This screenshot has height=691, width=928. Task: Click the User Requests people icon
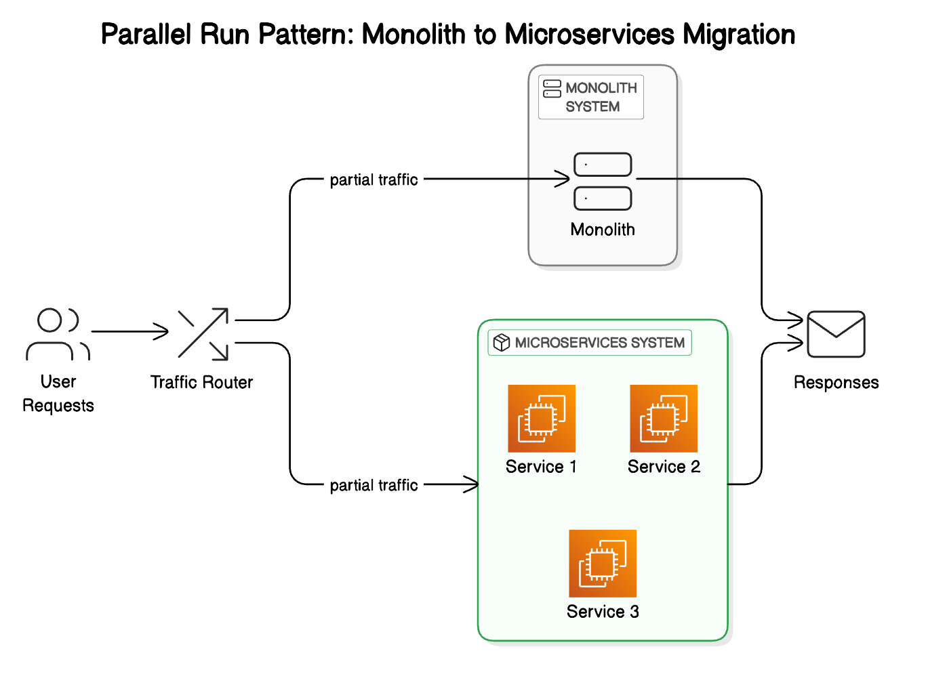[x=58, y=334]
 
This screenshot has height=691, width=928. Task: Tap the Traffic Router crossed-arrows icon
[x=203, y=333]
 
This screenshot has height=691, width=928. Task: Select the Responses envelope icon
[x=836, y=334]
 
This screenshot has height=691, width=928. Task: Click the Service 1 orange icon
[x=542, y=419]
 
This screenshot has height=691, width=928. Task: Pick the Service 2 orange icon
[x=664, y=419]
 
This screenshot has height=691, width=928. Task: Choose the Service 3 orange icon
[x=603, y=564]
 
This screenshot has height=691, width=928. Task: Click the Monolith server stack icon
[x=603, y=182]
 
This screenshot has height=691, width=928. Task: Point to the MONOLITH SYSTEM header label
[x=591, y=98]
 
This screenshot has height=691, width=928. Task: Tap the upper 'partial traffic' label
[x=374, y=180]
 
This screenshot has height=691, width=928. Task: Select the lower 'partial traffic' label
[x=374, y=485]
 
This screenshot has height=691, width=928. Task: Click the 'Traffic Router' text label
[x=201, y=383]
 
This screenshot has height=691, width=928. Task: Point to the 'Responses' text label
[x=836, y=383]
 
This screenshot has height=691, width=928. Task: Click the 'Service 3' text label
[x=603, y=612]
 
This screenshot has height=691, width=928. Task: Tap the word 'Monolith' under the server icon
[x=603, y=230]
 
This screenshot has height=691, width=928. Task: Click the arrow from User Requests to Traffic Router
[x=129, y=332]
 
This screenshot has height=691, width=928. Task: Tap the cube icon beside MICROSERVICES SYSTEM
[x=502, y=343]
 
